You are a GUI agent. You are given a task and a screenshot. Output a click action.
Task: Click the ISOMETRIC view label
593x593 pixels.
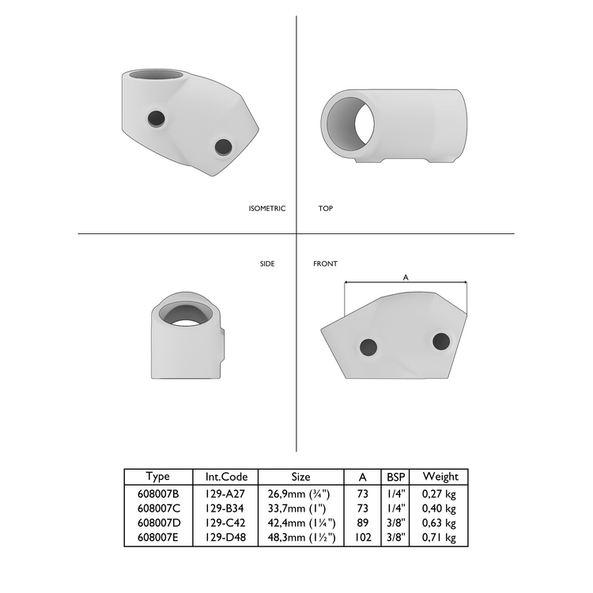pyautogui.click(x=266, y=209)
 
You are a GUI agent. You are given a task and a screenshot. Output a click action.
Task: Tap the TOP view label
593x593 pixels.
pyautogui.click(x=325, y=209)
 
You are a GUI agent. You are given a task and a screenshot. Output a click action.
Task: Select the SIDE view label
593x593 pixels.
pyautogui.click(x=267, y=263)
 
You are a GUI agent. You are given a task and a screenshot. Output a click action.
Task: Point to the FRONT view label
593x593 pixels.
pyautogui.click(x=325, y=263)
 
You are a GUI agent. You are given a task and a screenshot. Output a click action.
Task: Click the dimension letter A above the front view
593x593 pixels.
pyautogui.click(x=406, y=278)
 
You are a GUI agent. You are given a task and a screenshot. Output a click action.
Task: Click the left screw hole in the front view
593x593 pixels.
pyautogui.click(x=368, y=346)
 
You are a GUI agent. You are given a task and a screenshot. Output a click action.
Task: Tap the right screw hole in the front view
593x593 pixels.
pyautogui.click(x=441, y=342)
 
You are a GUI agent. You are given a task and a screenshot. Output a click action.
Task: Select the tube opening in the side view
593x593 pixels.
pyautogui.click(x=187, y=314)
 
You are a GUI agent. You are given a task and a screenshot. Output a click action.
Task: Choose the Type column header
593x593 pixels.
pyautogui.click(x=158, y=477)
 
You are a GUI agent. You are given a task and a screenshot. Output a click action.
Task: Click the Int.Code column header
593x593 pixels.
pyautogui.click(x=226, y=477)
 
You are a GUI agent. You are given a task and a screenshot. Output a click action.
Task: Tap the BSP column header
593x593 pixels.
pyautogui.click(x=396, y=477)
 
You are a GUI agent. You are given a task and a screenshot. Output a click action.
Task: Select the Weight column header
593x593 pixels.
pyautogui.click(x=440, y=477)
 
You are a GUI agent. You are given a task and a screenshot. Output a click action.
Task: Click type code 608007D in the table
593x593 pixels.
pyautogui.click(x=158, y=523)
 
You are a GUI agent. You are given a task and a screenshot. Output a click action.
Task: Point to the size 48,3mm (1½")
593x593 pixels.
pyautogui.click(x=301, y=538)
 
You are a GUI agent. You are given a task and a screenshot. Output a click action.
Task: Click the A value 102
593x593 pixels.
pyautogui.click(x=362, y=538)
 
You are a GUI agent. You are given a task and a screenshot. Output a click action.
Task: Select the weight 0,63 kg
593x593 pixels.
pyautogui.click(x=440, y=523)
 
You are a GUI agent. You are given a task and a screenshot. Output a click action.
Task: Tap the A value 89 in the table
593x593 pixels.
pyautogui.click(x=362, y=523)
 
